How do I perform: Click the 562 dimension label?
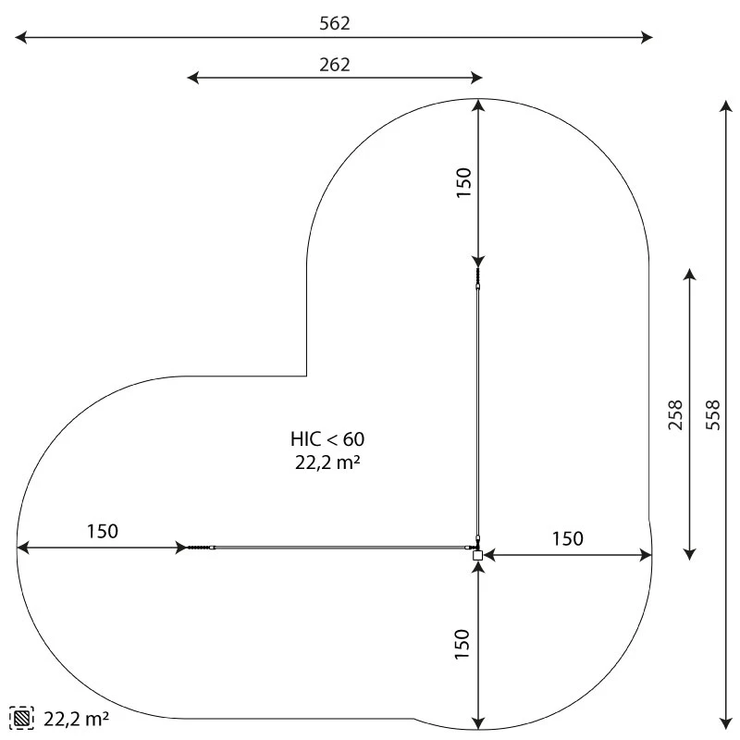coord(335,24)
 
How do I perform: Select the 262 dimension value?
coord(335,65)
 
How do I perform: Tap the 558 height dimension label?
coord(713,414)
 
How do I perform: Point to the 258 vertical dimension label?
coord(675,414)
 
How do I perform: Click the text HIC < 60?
coord(327,439)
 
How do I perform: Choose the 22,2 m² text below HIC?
coord(327,462)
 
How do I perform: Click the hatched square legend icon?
coord(21,719)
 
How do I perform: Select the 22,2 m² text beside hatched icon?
coord(77,719)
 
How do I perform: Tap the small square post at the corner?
coord(477,555)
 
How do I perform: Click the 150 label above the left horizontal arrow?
coord(103,531)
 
